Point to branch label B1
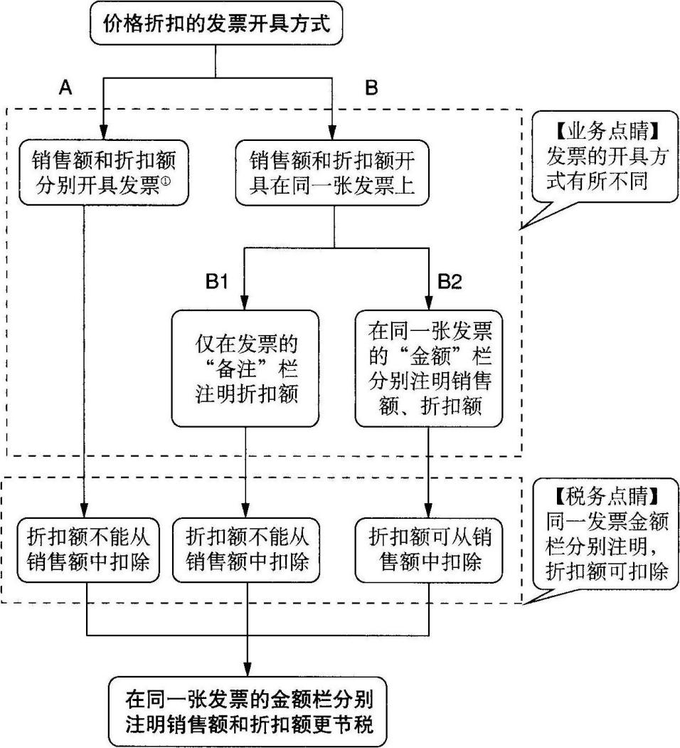pos(216,282)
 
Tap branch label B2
pos(449,282)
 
